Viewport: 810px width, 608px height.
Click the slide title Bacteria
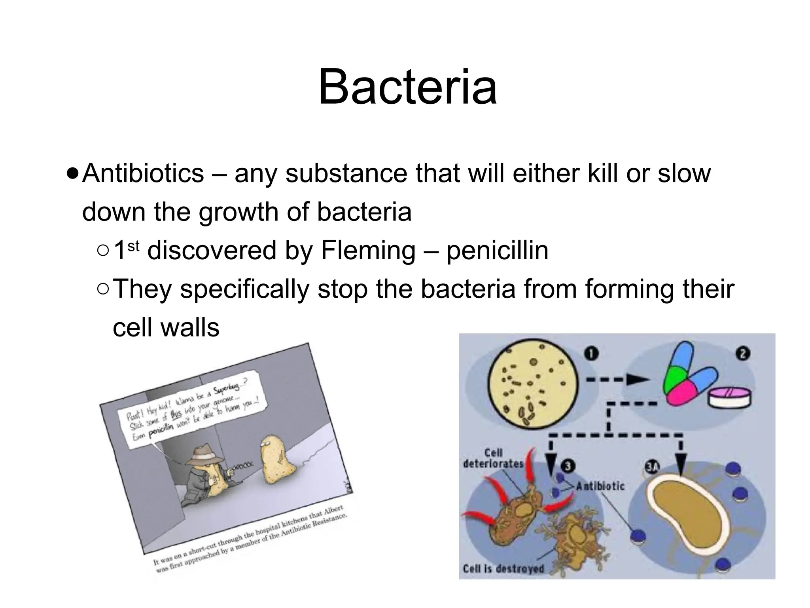point(407,87)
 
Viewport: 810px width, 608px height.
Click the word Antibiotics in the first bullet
point(143,173)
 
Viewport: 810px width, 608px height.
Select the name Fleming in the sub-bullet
point(368,251)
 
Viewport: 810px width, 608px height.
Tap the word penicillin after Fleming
point(497,251)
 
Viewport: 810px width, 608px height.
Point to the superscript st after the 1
point(134,245)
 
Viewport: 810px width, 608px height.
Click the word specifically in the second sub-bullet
point(244,289)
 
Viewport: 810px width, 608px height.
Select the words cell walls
point(166,328)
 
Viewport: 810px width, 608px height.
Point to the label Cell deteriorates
point(493,458)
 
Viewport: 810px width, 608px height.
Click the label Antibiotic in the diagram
point(600,486)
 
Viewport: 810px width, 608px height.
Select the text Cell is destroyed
point(503,569)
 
